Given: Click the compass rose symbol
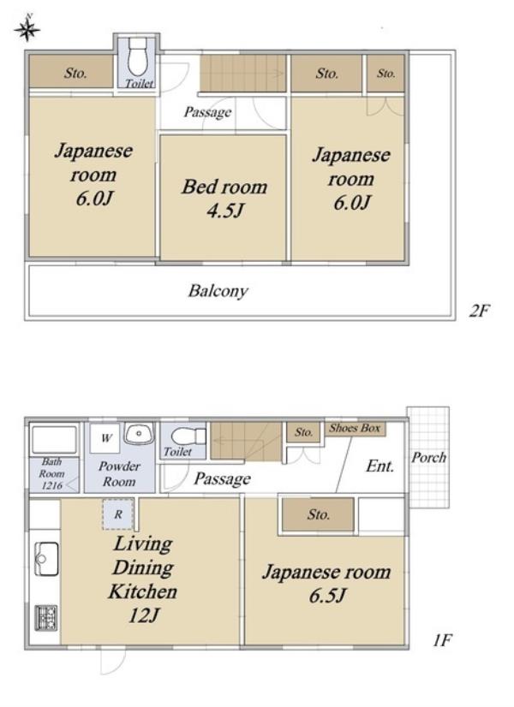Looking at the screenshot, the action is pyautogui.click(x=27, y=29).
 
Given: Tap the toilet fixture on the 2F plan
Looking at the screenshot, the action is pyautogui.click(x=137, y=57).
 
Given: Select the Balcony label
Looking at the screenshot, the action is pyautogui.click(x=218, y=291).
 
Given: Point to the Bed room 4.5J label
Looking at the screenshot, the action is pyautogui.click(x=224, y=199).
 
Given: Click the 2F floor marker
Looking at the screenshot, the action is pyautogui.click(x=479, y=311).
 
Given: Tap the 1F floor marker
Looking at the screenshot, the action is pyautogui.click(x=442, y=640).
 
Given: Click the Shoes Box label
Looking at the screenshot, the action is pyautogui.click(x=355, y=428).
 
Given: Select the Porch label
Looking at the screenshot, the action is pyautogui.click(x=428, y=457).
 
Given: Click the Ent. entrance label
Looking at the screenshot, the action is pyautogui.click(x=380, y=466).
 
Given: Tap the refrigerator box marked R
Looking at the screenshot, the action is pyautogui.click(x=117, y=514).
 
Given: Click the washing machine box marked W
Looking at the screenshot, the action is pyautogui.click(x=105, y=438).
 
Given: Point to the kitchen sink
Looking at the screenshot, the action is pyautogui.click(x=46, y=559).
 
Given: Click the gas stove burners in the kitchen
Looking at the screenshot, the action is pyautogui.click(x=46, y=617).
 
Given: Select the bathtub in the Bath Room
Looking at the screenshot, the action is pyautogui.click(x=54, y=440).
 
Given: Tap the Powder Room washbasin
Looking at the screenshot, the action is pyautogui.click(x=139, y=433).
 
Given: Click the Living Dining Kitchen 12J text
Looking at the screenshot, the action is pyautogui.click(x=142, y=579).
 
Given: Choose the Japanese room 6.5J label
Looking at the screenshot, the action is pyautogui.click(x=326, y=584).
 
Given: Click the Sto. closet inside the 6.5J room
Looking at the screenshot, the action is pyautogui.click(x=318, y=514).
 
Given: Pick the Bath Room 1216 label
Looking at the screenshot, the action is pyautogui.click(x=51, y=473).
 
